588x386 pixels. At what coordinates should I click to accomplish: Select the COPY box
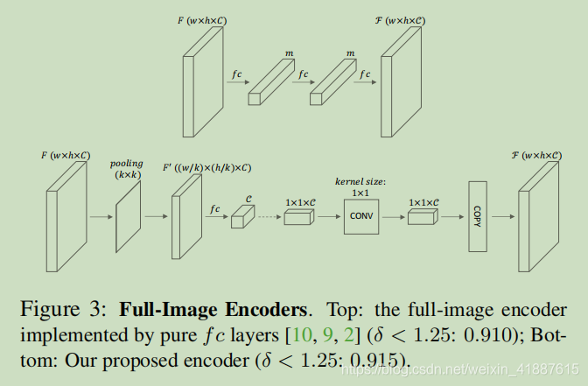(477, 214)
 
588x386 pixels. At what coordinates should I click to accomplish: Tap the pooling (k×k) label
(126, 169)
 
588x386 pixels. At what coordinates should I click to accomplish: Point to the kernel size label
(361, 180)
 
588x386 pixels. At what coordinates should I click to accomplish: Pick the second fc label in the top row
(304, 74)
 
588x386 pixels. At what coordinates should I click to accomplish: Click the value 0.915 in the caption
(382, 359)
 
